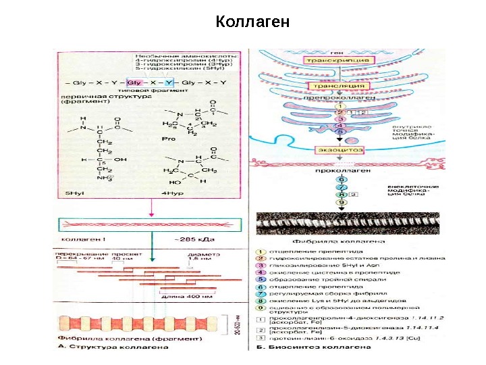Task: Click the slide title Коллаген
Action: coord(252,22)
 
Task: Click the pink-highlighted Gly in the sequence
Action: coord(134,82)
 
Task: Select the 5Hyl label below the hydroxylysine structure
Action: coord(74,193)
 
